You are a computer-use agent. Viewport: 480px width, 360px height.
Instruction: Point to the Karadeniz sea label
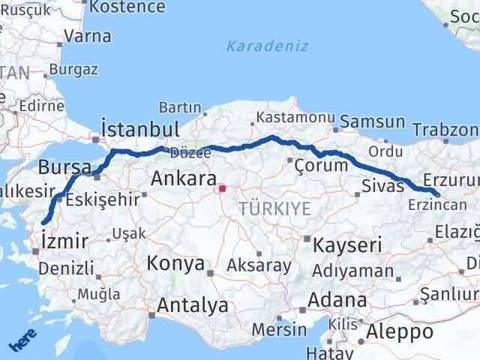(267, 46)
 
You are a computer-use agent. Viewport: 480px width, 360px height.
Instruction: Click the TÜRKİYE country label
(275, 209)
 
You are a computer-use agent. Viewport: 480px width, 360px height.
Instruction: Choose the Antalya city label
(192, 305)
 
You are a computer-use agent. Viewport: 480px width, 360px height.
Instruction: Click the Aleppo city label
(400, 331)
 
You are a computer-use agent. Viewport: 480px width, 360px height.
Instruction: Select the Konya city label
(176, 263)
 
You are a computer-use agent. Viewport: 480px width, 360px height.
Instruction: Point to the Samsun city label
(373, 121)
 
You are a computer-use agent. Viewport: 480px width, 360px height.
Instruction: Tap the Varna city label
(88, 35)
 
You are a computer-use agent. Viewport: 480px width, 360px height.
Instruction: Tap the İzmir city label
(65, 241)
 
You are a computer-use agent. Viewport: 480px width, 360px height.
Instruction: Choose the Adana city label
(341, 300)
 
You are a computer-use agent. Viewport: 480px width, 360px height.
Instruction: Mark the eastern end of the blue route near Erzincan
(437, 195)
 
